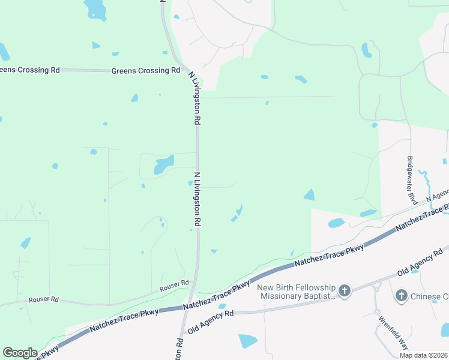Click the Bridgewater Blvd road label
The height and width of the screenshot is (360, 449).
point(412,180)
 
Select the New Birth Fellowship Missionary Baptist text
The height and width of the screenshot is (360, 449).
point(295,292)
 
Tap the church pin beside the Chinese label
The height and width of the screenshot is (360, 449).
point(402,295)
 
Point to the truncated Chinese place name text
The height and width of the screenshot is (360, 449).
point(430,296)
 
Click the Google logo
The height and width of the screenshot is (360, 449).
point(20,353)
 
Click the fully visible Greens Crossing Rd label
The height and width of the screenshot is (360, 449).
point(146,70)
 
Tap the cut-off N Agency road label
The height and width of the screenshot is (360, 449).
point(437,197)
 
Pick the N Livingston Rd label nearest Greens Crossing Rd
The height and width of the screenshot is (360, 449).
point(194,98)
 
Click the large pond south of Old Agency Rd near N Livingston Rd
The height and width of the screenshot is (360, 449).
point(247,341)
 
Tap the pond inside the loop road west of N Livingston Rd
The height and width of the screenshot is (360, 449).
point(163,164)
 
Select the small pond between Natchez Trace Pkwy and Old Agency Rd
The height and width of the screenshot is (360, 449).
point(222,306)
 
